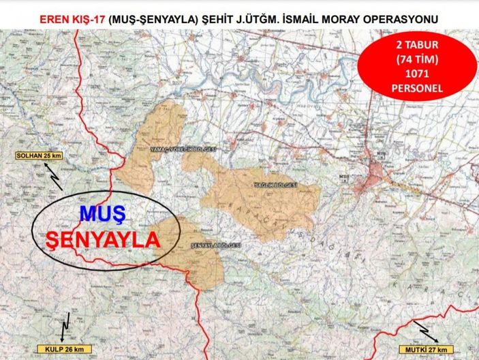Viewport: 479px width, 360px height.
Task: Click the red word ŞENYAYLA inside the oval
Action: pyautogui.click(x=102, y=240)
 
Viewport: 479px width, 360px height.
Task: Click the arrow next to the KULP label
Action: pyautogui.click(x=65, y=327)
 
